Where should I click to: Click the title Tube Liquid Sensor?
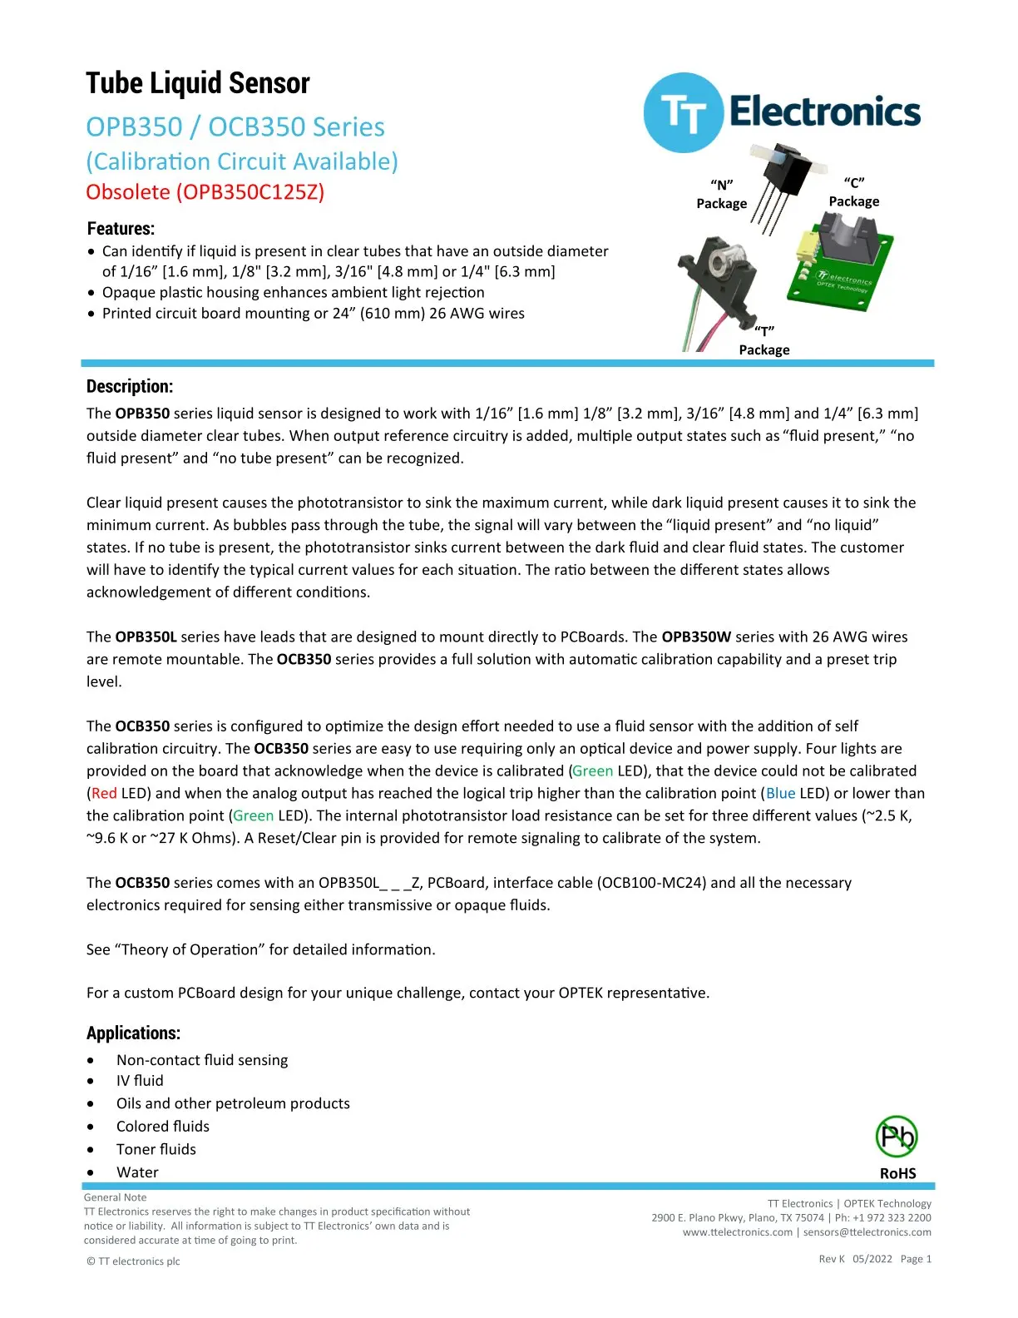(198, 83)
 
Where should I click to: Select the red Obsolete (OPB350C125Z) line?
(205, 192)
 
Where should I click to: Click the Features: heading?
(121, 229)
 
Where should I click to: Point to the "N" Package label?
(721, 195)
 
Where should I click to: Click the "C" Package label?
(853, 192)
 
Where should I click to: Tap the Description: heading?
(130, 386)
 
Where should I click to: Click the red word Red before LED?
(104, 794)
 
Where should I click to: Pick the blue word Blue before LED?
(780, 794)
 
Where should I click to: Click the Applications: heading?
(133, 1033)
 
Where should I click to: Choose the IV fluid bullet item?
(140, 1081)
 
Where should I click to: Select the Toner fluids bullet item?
(156, 1149)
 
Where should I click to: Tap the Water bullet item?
(137, 1172)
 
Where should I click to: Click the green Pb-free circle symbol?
(897, 1137)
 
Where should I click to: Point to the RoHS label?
(897, 1174)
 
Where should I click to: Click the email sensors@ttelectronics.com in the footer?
(867, 1232)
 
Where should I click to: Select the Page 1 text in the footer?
(916, 1259)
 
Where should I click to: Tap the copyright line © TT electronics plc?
(133, 1261)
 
